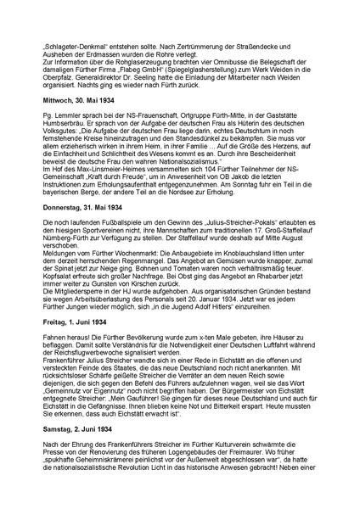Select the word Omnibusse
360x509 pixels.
222,85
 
